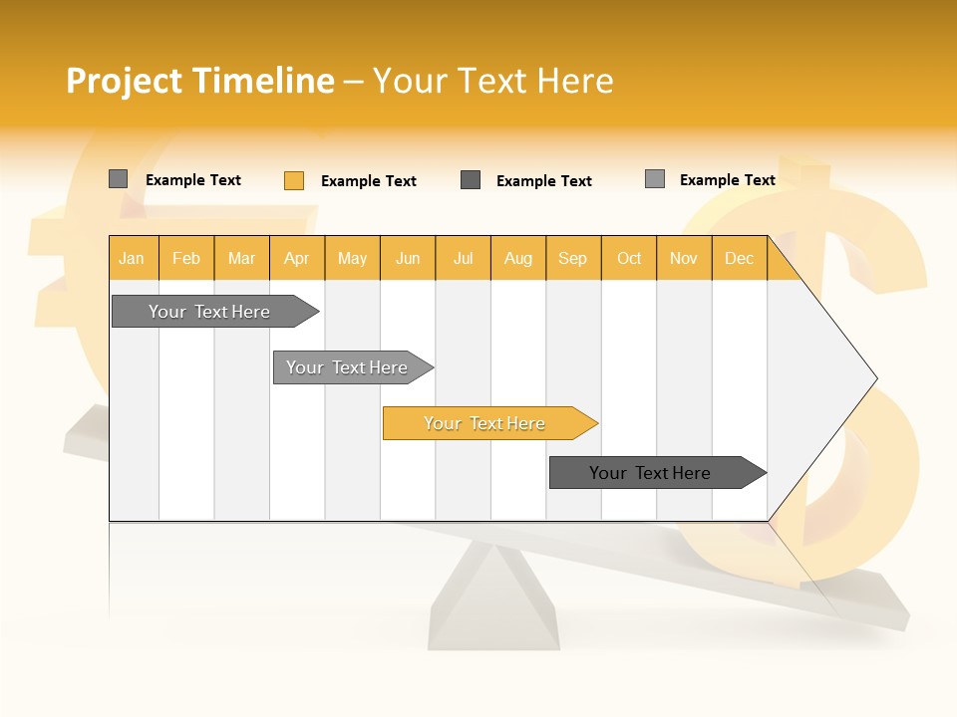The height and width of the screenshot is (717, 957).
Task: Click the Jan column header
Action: click(133, 258)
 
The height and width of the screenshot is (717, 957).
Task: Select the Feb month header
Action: click(186, 258)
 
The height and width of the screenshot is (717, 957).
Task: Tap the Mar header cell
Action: click(241, 258)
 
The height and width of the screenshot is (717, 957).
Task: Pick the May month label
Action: click(352, 258)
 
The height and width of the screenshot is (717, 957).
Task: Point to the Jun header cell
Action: click(408, 258)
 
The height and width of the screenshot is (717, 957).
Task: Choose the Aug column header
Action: click(517, 258)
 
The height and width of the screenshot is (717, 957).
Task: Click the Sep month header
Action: click(572, 258)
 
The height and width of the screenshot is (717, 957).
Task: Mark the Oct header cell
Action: click(629, 258)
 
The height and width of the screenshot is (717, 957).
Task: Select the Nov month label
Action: click(684, 258)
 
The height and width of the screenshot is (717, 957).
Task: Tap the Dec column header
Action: click(739, 258)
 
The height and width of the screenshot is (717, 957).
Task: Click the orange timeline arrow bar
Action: click(485, 423)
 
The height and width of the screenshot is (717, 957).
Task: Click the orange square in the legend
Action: click(294, 180)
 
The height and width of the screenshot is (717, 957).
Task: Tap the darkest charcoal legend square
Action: click(471, 179)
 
